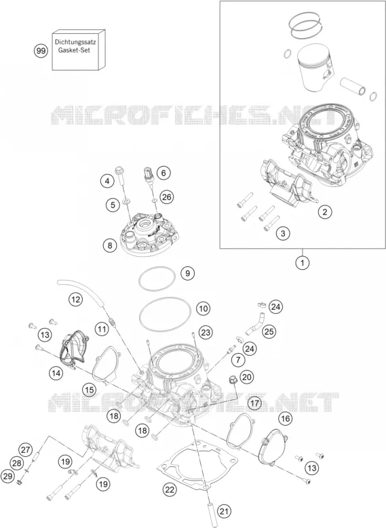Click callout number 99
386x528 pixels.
click(x=41, y=52)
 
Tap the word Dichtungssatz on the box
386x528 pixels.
click(x=75, y=43)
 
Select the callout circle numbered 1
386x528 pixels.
click(x=302, y=263)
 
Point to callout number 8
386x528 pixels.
click(x=110, y=245)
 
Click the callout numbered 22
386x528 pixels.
click(x=169, y=489)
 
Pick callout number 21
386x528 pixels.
click(x=224, y=512)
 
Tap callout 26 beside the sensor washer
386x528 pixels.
click(x=166, y=197)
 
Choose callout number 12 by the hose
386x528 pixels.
click(x=75, y=299)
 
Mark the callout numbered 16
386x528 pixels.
click(x=285, y=419)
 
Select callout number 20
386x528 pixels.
click(x=247, y=377)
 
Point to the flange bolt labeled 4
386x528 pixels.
click(x=121, y=175)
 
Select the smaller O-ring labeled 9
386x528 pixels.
click(x=157, y=279)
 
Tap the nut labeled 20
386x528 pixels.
click(x=233, y=380)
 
